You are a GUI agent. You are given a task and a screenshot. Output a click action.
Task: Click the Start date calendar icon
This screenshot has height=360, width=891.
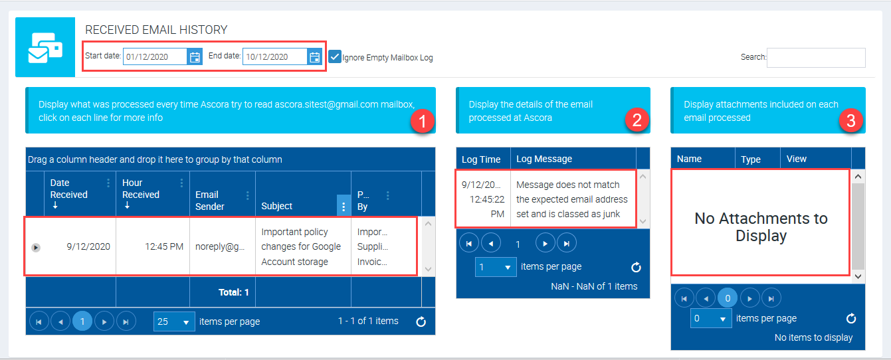(195, 57)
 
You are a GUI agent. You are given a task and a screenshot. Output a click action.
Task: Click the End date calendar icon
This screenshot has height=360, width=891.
(314, 57)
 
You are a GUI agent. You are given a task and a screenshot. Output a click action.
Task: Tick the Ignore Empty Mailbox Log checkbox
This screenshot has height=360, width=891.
(335, 57)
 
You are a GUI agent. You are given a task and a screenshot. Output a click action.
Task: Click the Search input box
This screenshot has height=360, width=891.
(816, 58)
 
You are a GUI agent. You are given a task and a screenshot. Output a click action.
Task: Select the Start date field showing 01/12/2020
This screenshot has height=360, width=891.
(155, 57)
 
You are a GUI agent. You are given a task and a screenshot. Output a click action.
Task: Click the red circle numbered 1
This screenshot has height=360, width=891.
(423, 121)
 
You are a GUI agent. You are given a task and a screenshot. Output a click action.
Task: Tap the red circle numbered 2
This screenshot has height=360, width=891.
(637, 120)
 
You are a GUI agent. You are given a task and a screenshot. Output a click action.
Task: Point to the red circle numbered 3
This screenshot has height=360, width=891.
(851, 121)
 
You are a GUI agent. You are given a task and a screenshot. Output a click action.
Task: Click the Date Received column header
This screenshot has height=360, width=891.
(68, 189)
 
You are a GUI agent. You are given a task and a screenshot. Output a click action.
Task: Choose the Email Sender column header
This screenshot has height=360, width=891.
(209, 201)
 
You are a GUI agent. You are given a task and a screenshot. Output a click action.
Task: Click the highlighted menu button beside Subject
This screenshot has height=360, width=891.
(344, 205)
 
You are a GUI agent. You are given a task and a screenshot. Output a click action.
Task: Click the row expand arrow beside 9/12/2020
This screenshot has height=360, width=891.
(36, 248)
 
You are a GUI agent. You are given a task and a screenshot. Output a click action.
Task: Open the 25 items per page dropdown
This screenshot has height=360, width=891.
(174, 321)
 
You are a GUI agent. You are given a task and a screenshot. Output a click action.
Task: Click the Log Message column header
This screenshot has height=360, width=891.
(544, 159)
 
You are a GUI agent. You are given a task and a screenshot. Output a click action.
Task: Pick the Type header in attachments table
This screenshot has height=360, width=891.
(751, 159)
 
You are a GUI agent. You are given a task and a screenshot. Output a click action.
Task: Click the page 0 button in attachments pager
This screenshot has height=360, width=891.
(728, 298)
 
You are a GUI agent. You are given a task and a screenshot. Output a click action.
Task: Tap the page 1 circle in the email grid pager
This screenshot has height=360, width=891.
(82, 321)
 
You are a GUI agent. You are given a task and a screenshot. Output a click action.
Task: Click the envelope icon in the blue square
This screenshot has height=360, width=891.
(45, 48)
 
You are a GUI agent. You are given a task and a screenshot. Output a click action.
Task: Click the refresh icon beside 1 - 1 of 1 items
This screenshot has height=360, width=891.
(421, 321)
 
